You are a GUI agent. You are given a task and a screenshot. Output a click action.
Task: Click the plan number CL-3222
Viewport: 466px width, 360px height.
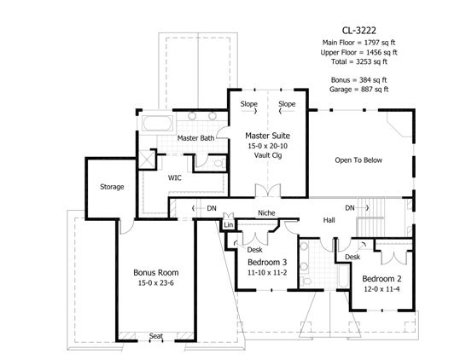click(359, 31)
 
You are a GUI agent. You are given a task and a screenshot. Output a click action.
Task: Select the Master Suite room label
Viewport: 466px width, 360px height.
click(267, 136)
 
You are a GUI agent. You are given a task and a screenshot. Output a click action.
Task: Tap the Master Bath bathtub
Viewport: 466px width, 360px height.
click(157, 123)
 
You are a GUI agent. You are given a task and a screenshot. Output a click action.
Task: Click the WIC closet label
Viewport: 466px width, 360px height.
click(175, 178)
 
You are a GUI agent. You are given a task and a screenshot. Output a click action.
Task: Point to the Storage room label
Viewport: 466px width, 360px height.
click(112, 187)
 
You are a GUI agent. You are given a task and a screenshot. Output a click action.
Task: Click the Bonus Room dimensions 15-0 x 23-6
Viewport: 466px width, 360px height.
click(155, 283)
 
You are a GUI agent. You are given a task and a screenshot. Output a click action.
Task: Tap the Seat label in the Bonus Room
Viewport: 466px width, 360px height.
click(156, 336)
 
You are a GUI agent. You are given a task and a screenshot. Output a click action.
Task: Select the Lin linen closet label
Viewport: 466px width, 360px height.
click(228, 225)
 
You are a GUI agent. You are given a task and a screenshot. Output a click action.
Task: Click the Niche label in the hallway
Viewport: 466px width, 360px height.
click(266, 213)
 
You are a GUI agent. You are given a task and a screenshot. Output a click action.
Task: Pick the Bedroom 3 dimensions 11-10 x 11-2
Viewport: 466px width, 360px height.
click(267, 273)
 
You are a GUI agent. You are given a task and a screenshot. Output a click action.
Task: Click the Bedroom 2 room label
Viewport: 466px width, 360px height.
click(382, 279)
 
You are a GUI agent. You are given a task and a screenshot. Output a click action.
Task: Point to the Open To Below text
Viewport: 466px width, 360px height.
click(358, 160)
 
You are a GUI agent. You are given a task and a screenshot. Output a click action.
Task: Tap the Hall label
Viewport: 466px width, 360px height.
click(329, 220)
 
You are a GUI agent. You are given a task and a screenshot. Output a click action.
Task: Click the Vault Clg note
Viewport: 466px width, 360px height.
click(268, 155)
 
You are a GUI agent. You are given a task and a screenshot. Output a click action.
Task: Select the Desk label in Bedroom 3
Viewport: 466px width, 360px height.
click(254, 250)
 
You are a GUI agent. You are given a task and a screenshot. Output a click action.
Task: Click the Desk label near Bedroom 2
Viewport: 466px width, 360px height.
click(352, 257)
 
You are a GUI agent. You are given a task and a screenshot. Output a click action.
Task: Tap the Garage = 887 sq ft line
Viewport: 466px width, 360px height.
click(358, 89)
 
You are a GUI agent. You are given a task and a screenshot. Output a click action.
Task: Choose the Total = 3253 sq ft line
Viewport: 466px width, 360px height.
click(359, 61)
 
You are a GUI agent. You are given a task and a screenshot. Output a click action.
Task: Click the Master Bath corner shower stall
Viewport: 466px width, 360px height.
click(147, 160)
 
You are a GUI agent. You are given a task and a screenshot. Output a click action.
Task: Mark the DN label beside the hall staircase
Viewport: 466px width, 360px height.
click(350, 208)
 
